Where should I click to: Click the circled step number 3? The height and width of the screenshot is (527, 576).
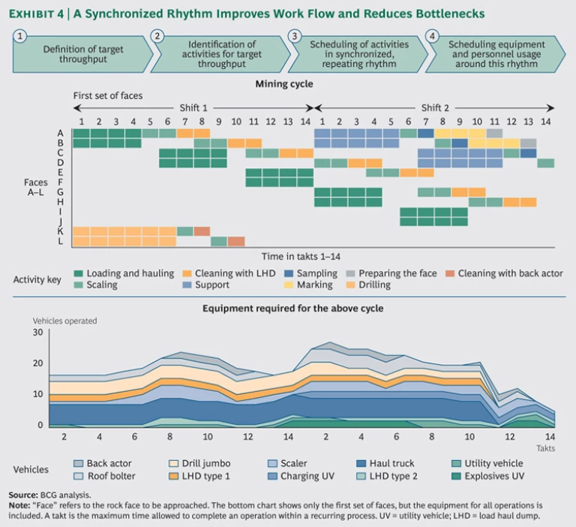pyautogui.click(x=295, y=36)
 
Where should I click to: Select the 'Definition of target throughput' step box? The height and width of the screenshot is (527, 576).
pyautogui.click(x=82, y=54)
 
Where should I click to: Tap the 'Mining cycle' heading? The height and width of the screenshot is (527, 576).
pyautogui.click(x=284, y=84)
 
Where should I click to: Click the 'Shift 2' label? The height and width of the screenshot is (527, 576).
pyautogui.click(x=435, y=108)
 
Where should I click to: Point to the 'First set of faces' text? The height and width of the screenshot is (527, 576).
pyautogui.click(x=107, y=96)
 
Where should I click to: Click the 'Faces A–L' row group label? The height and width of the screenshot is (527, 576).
pyautogui.click(x=36, y=187)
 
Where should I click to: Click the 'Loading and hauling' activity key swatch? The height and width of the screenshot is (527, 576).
pyautogui.click(x=78, y=274)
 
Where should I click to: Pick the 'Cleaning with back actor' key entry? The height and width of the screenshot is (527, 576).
pyautogui.click(x=510, y=274)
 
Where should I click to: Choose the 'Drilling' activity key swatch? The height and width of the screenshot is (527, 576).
pyautogui.click(x=350, y=285)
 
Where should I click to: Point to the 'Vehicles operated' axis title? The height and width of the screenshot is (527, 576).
pyautogui.click(x=64, y=321)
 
